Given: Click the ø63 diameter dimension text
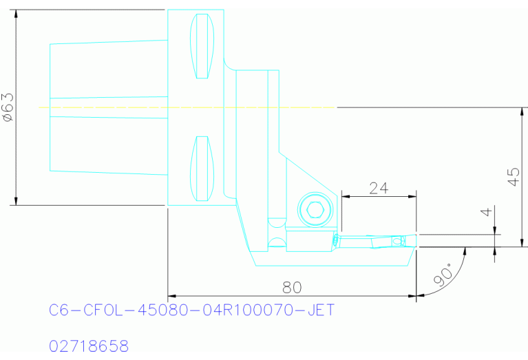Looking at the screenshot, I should pos(8,107).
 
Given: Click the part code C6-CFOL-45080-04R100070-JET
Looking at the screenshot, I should pos(192,311).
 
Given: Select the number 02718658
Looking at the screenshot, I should pos(89,345).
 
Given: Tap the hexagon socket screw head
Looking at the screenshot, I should pos(316,209).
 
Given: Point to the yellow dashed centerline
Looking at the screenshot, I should pos(186,107).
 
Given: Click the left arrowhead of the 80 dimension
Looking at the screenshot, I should pos(172,296).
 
